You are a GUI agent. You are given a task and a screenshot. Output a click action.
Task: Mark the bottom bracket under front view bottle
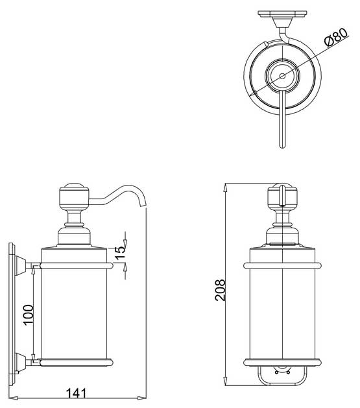283,374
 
